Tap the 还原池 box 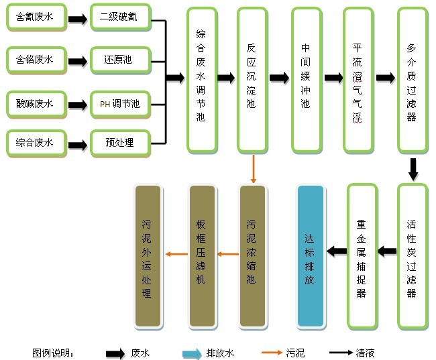pyautogui.click(x=119, y=60)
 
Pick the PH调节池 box pyautogui.click(x=119, y=103)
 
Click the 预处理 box pyautogui.click(x=119, y=143)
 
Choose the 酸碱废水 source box pyautogui.click(x=36, y=103)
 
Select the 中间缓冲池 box pyautogui.click(x=306, y=79)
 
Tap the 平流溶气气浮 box pyautogui.click(x=358, y=79)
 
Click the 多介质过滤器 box pyautogui.click(x=412, y=79)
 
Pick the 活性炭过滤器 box pyautogui.click(x=412, y=257)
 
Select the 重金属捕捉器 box pyautogui.click(x=362, y=257)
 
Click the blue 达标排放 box pyautogui.click(x=310, y=257)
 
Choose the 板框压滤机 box pyautogui.click(x=201, y=257)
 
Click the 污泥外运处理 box pyautogui.click(x=148, y=257)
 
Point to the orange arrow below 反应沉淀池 pyautogui.click(x=253, y=169)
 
